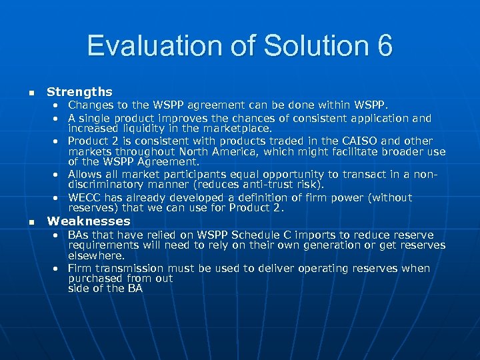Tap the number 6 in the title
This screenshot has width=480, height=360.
click(384, 46)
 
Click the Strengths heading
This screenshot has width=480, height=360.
click(79, 92)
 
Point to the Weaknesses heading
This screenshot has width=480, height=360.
click(89, 221)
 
